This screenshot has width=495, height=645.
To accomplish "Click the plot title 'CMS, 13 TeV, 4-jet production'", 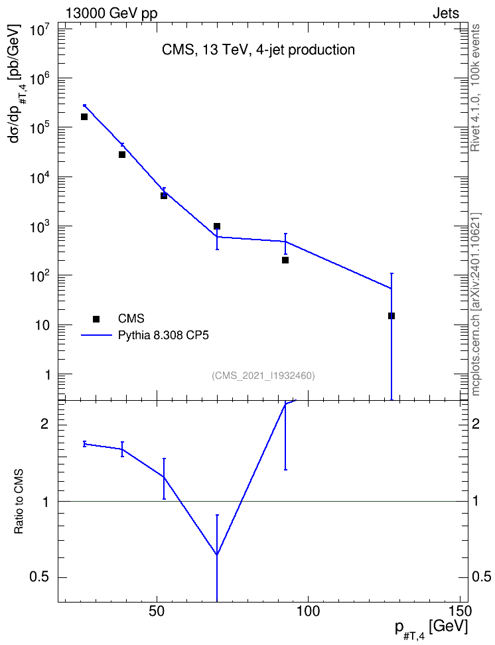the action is click(258, 50).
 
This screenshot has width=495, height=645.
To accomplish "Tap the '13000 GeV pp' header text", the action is click(111, 13).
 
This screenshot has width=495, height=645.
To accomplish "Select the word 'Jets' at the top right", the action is click(446, 13).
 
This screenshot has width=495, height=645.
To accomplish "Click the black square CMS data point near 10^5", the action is click(84, 116).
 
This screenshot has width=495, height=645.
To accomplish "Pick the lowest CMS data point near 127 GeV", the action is click(391, 316).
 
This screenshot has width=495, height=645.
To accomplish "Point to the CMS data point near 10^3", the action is click(217, 226).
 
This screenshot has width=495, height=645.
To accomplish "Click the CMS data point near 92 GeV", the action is click(285, 260).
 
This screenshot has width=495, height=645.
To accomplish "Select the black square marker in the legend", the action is click(96, 319).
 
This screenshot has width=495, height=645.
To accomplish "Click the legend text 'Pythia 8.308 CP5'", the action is click(163, 335).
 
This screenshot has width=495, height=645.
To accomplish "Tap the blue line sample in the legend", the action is click(96, 335).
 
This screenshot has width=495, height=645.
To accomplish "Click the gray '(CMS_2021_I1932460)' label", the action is click(263, 376).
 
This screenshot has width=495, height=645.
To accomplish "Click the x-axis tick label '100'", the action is click(308, 612).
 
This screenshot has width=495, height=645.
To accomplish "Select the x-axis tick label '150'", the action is click(459, 612).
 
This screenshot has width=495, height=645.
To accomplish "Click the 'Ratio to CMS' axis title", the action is click(19, 502).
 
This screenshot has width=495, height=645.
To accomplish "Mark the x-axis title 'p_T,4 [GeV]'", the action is click(431, 628).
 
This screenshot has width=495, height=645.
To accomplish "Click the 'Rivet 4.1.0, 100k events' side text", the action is click(475, 88).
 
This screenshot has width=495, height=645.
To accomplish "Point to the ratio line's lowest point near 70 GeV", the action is click(217, 555).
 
